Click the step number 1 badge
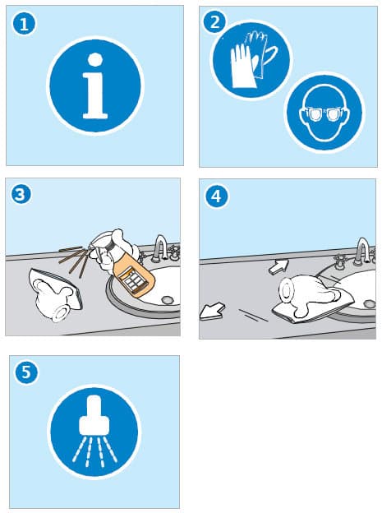pyautogui.click(x=24, y=24)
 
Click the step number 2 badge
pyautogui.click(x=215, y=22)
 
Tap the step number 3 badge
pyautogui.click(x=21, y=194)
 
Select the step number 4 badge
pyautogui.click(x=216, y=196)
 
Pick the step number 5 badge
pyautogui.click(x=26, y=372)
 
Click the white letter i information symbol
pyautogui.click(x=95, y=85)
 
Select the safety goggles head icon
pyautogui.click(x=324, y=113)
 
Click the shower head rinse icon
pyautogui.click(x=94, y=432)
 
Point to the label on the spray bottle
pyautogui.click(x=133, y=280)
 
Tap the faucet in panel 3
pyautogui.click(x=160, y=248)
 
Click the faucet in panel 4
pyautogui.click(x=361, y=252)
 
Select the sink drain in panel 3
pyautogui.click(x=168, y=299)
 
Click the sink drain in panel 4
pyautogui.click(x=369, y=303)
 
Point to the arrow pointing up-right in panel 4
pyautogui.click(x=278, y=266)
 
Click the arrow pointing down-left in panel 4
pyautogui.click(x=212, y=312)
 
